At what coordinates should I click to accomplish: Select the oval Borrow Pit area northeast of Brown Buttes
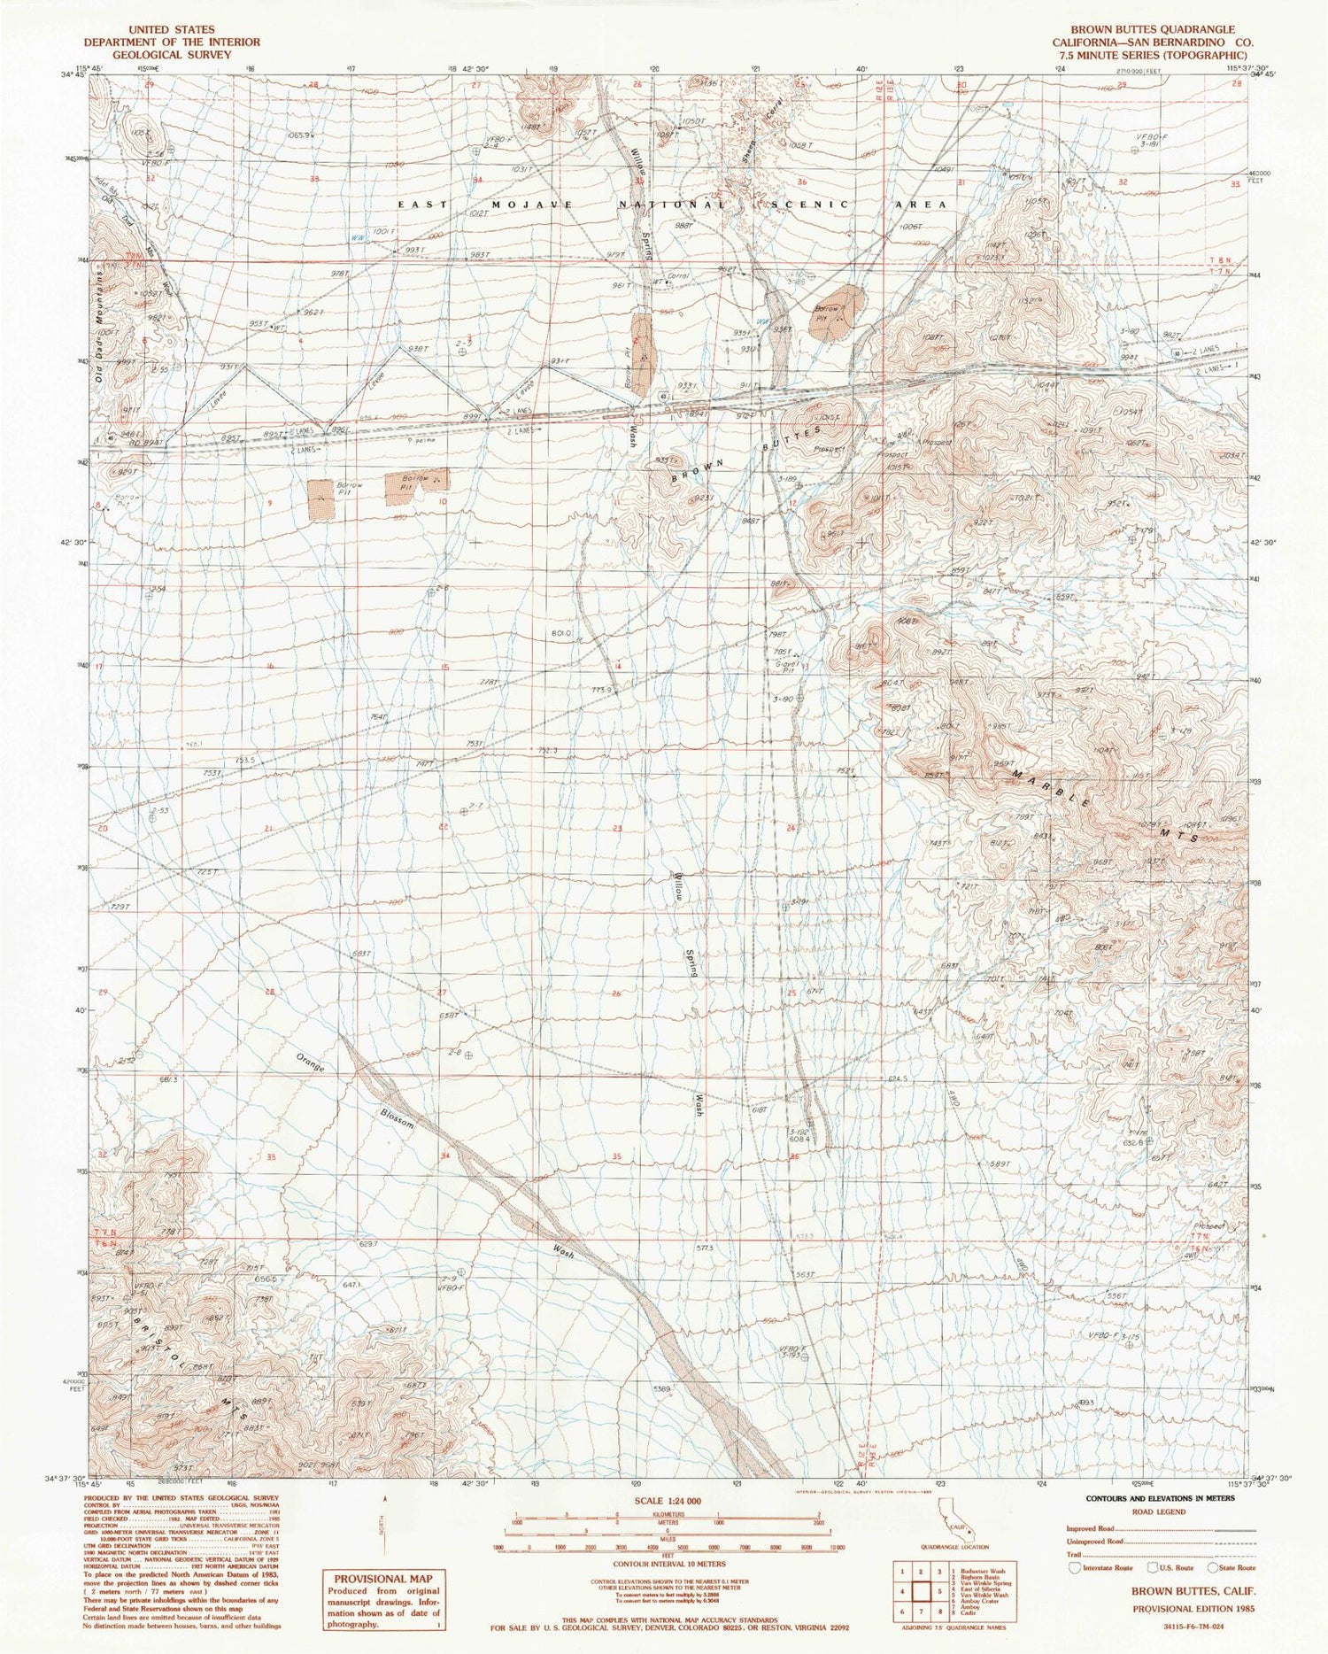tap(834, 312)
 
